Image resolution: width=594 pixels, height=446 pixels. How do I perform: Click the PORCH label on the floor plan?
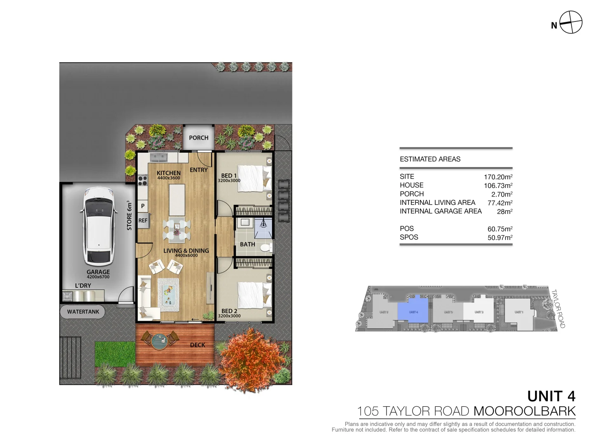[198, 138]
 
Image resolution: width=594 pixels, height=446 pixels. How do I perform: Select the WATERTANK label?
[83, 312]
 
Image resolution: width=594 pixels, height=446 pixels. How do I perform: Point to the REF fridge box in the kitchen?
[143, 221]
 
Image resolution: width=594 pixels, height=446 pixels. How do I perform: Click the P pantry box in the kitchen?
[143, 206]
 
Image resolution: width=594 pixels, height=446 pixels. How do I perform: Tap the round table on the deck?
[159, 341]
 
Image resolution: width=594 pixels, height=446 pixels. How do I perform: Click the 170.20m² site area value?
[498, 177]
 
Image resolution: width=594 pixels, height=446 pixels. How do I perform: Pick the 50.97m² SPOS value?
[500, 237]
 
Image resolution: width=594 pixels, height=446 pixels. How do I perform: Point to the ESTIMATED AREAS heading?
[430, 159]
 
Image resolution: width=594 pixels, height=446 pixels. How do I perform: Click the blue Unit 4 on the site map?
[414, 312]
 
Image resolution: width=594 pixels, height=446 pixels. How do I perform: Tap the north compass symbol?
[571, 22]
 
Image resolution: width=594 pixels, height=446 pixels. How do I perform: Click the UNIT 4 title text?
[551, 396]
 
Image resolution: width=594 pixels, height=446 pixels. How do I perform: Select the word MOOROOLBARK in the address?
[524, 411]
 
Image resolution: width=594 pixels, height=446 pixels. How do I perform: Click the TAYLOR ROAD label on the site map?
[559, 308]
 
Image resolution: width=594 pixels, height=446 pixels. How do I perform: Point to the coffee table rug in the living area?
[169, 294]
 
